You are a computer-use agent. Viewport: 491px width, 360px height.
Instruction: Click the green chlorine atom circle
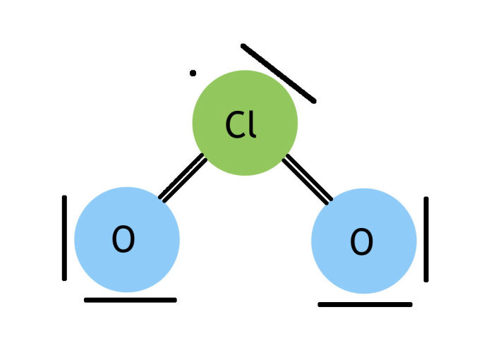[x=245, y=99]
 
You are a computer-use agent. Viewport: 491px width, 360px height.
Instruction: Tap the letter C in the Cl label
[x=234, y=125]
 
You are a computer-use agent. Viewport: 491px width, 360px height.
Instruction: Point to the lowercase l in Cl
[x=252, y=124]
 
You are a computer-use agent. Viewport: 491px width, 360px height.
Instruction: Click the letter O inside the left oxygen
[x=123, y=241]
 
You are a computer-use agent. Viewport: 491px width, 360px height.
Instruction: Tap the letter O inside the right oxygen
[x=361, y=243]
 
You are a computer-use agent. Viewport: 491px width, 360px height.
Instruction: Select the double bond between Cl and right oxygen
[x=308, y=179]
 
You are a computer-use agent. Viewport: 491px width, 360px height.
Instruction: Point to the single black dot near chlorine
[x=193, y=73]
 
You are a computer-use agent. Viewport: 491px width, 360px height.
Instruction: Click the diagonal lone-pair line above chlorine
[x=278, y=73]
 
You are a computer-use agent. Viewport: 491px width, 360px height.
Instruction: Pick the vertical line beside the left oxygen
[x=64, y=238]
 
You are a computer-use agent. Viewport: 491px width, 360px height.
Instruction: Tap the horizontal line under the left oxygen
[x=130, y=300]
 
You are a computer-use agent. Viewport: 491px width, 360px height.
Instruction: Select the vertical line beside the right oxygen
[x=426, y=239]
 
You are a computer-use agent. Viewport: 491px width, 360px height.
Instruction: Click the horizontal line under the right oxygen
[x=365, y=305]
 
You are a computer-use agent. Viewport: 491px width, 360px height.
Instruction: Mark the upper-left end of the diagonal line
[x=243, y=47]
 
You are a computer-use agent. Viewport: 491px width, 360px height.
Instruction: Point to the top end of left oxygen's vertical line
[x=64, y=198]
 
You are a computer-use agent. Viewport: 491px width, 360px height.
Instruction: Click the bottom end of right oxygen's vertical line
[x=426, y=280]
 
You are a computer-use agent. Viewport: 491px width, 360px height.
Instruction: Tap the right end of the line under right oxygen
[x=410, y=305]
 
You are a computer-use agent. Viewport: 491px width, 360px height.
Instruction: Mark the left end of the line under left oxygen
[x=86, y=300]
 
